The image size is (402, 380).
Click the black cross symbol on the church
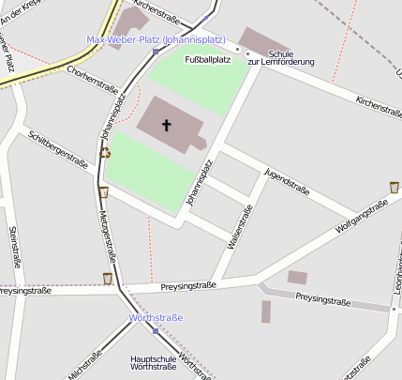tap(168, 125)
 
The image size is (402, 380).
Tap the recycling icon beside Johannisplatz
tap(105, 153)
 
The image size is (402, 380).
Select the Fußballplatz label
tap(207, 60)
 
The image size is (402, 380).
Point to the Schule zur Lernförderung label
tap(287, 57)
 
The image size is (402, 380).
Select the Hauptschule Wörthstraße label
tap(154, 362)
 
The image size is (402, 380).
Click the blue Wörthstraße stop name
tap(156, 318)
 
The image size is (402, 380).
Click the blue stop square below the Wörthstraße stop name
tap(156, 330)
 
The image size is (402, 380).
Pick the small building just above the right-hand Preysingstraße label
tap(297, 277)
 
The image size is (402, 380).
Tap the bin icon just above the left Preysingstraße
tap(108, 278)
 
